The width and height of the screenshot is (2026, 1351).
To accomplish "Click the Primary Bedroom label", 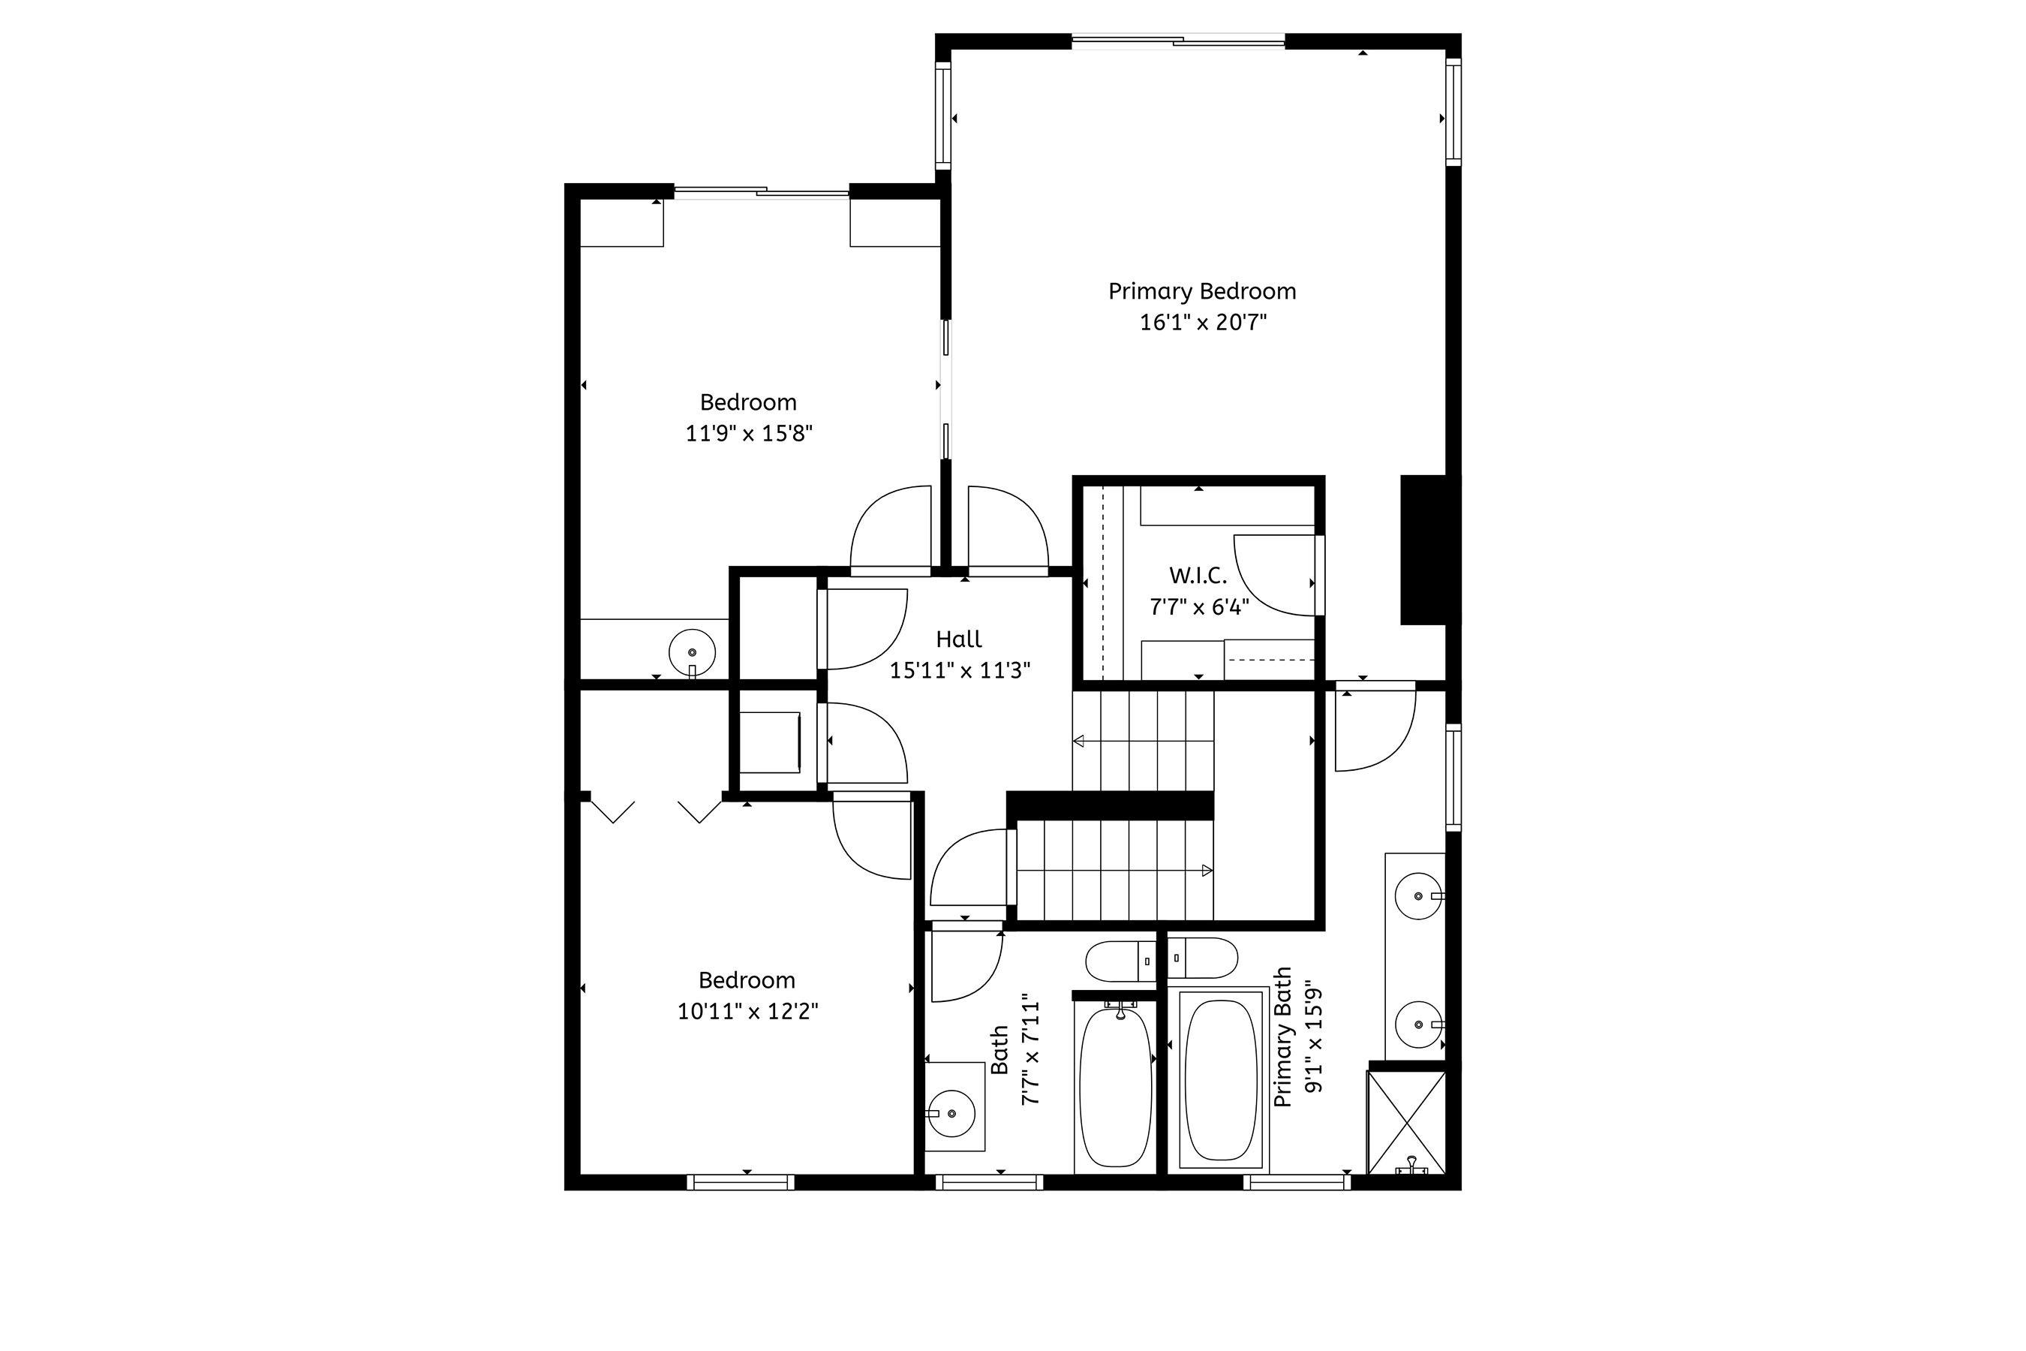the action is pyautogui.click(x=1201, y=292).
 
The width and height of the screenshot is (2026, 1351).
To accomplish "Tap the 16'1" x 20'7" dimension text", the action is pyautogui.click(x=1204, y=322).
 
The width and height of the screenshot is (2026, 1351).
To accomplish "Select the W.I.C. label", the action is pyautogui.click(x=1198, y=576).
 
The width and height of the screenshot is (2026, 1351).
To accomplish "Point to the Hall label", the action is pyautogui.click(x=959, y=639).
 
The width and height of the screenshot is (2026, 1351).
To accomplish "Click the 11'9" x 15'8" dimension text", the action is pyautogui.click(x=749, y=432).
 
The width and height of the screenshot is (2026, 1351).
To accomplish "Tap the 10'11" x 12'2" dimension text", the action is pyautogui.click(x=747, y=1011).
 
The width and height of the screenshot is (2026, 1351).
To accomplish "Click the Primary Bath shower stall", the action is pyautogui.click(x=1407, y=1122).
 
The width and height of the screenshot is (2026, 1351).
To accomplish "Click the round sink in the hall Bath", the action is pyautogui.click(x=951, y=1114).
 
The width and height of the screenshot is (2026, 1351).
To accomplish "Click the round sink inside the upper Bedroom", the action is pyautogui.click(x=692, y=652).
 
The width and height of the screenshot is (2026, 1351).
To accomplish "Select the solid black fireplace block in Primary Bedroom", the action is pyautogui.click(x=1423, y=549).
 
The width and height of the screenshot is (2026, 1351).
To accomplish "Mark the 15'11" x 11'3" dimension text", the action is pyautogui.click(x=960, y=670).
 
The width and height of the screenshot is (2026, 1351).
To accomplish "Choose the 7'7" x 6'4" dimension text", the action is pyautogui.click(x=1199, y=607).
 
